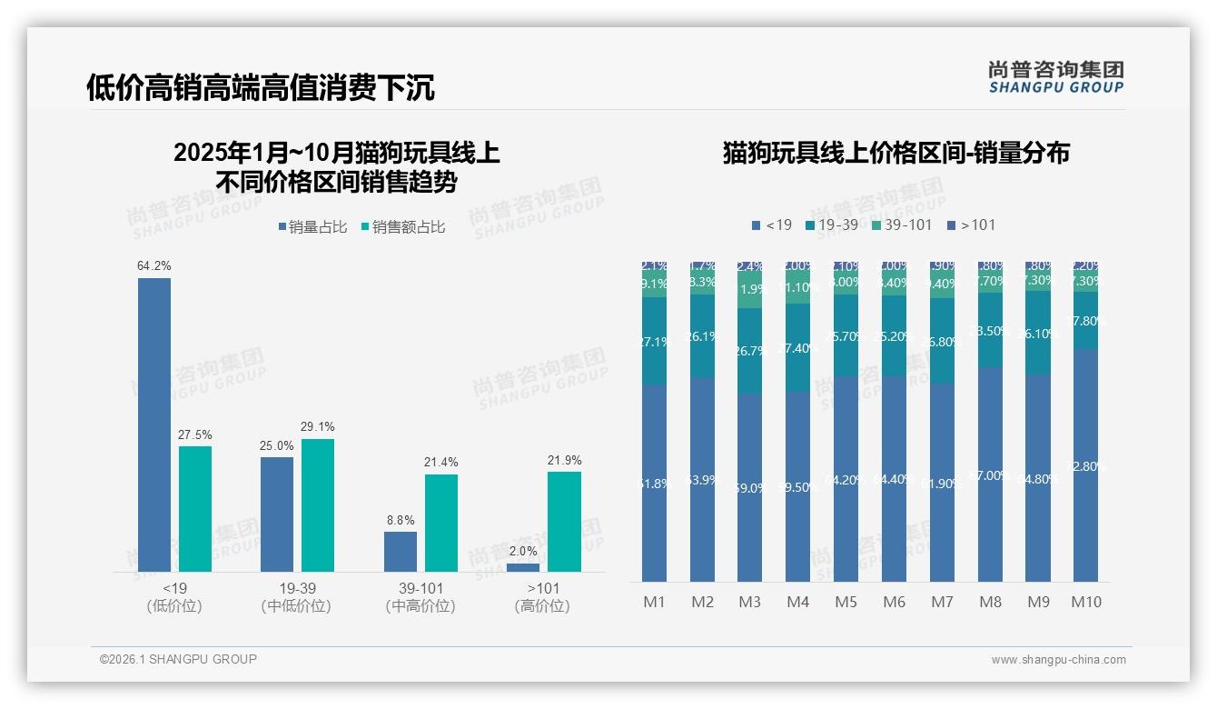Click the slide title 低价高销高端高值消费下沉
pos(260,87)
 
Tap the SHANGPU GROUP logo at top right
pos(1055,76)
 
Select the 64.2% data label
pos(153,265)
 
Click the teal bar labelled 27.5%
pos(194,508)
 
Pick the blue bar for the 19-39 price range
pos(277,514)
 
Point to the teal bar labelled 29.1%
pos(318,504)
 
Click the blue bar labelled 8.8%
pos(400,551)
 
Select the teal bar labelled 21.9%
pos(564,521)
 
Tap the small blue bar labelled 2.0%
pos(523,567)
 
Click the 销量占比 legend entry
pos(312,227)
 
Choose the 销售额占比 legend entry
pos(402,227)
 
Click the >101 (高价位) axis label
pos(542,597)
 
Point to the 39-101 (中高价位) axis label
pos(420,597)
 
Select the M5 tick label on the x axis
pos(846,602)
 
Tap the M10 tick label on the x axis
pos(1085,602)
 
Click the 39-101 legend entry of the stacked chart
pos(901,225)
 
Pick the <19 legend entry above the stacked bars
pos(771,225)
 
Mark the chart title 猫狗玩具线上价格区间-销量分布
pos(895,153)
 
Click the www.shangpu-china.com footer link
pos(1058,660)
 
